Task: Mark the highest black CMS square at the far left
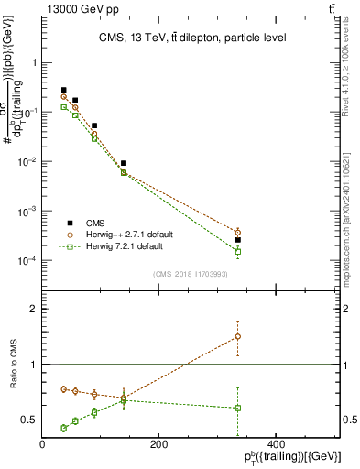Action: pyautogui.click(x=63, y=90)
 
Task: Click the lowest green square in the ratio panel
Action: pyautogui.click(x=63, y=428)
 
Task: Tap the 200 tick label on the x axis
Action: pyautogui.click(x=158, y=445)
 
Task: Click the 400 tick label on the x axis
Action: pyautogui.click(x=273, y=445)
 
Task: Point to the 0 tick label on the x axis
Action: pyautogui.click(x=43, y=445)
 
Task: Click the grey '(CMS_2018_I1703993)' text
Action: pyautogui.click(x=191, y=274)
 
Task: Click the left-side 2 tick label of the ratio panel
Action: pyautogui.click(x=35, y=310)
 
